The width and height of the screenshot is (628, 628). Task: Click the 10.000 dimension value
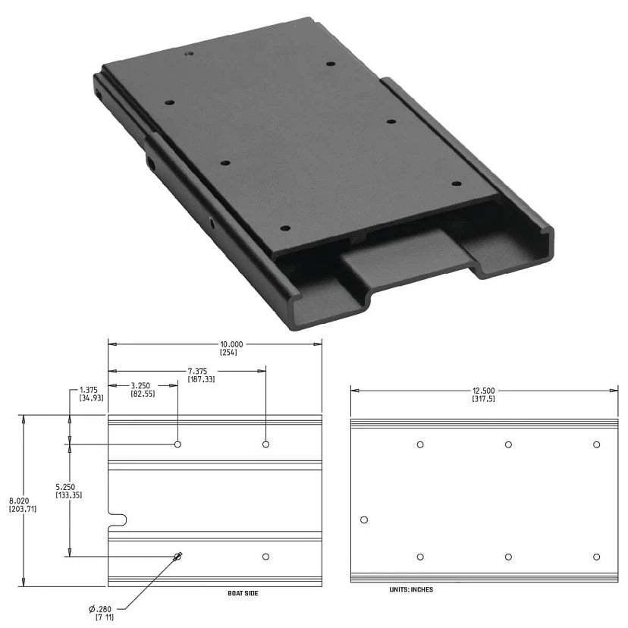tap(231, 344)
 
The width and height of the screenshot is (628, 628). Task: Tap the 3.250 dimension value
tap(143, 385)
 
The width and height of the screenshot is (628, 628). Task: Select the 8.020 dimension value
tap(19, 501)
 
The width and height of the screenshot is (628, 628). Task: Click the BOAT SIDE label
tap(243, 593)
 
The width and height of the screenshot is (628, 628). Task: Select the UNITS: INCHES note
tap(410, 589)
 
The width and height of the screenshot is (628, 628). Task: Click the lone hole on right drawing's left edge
tap(364, 520)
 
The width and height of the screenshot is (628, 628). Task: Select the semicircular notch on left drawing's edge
tap(118, 520)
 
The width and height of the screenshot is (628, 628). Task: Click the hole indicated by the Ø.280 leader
tap(177, 557)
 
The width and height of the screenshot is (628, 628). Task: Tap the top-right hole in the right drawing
tap(597, 444)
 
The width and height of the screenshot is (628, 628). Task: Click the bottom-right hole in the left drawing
tap(265, 557)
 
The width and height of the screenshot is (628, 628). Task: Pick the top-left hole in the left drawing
tap(177, 444)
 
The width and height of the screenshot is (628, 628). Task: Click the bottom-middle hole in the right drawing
tap(508, 557)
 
